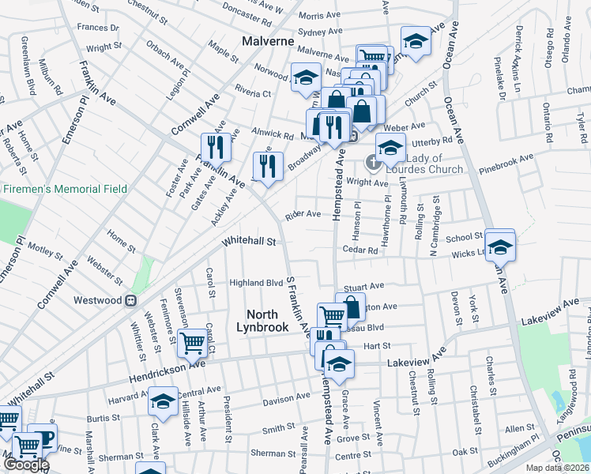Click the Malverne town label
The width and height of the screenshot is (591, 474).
pyautogui.click(x=268, y=41)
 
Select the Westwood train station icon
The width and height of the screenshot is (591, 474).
pyautogui.click(x=131, y=300)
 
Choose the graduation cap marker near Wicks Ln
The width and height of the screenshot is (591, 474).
pyautogui.click(x=499, y=246)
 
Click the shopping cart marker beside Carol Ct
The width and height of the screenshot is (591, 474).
pyautogui.click(x=193, y=344)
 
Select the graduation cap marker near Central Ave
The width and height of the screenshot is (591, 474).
pyautogui.click(x=164, y=403)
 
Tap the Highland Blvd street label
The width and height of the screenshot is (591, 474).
pyautogui.click(x=255, y=283)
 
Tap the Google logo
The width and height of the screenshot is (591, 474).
pyautogui.click(x=25, y=464)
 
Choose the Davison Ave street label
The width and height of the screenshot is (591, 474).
pyautogui.click(x=286, y=400)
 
